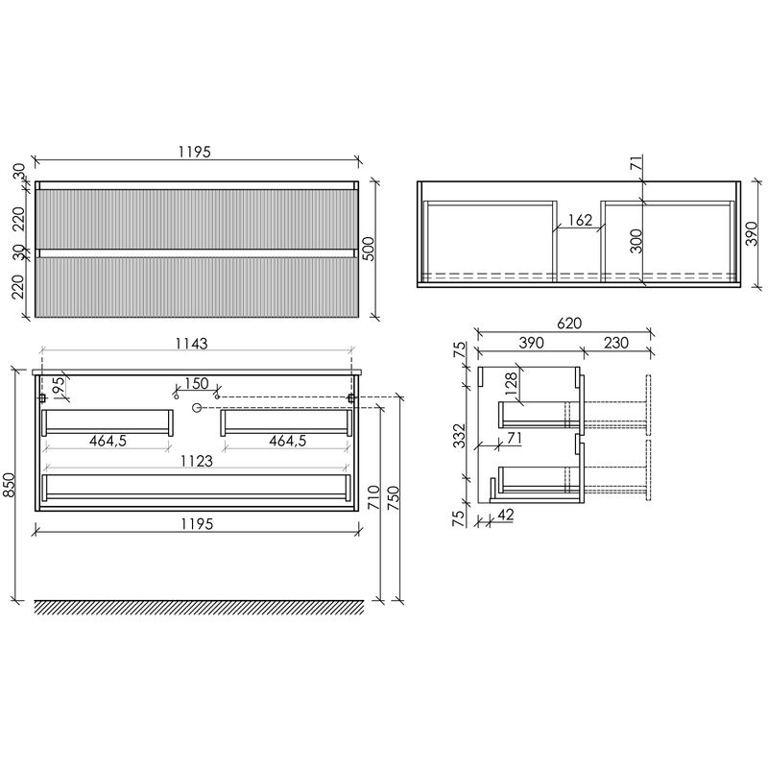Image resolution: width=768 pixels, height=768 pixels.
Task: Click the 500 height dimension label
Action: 369,249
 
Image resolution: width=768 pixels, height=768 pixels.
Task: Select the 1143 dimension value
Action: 191,344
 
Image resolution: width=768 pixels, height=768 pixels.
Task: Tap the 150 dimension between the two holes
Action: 197,383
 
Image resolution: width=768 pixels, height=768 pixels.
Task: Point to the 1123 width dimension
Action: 197,461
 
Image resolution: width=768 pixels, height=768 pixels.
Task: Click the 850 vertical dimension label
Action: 10,484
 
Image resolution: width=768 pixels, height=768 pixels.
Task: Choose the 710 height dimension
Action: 373,496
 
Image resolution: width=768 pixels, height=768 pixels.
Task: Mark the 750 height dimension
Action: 394,498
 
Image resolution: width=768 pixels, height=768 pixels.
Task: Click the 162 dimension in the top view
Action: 581,220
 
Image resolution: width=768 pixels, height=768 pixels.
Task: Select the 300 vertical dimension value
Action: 636,241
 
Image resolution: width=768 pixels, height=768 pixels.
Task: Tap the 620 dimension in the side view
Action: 569,324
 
